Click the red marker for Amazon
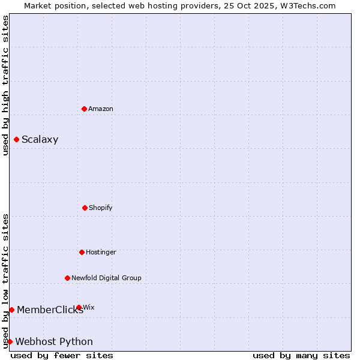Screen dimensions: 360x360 click(84, 109)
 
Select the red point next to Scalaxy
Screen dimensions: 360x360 click(16, 139)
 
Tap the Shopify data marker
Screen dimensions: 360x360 click(85, 208)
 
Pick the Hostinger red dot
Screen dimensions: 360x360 click(82, 252)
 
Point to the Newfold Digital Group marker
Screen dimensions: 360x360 click(67, 278)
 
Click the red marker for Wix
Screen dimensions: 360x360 click(79, 307)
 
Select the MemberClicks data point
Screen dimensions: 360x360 click(11, 310)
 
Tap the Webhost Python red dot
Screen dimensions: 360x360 click(10, 341)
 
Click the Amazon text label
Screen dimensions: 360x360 click(101, 109)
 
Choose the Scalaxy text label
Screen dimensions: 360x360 click(40, 140)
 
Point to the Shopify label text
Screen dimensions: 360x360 click(101, 208)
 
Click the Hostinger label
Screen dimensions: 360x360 click(101, 252)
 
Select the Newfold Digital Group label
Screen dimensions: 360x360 click(106, 278)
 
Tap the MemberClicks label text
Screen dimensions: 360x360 click(50, 310)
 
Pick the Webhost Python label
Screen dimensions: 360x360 click(54, 342)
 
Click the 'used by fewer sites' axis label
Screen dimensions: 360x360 click(62, 355)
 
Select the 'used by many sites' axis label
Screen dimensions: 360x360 click(301, 355)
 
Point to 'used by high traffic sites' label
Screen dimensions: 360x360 click(5, 85)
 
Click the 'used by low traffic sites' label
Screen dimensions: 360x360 click(5, 281)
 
